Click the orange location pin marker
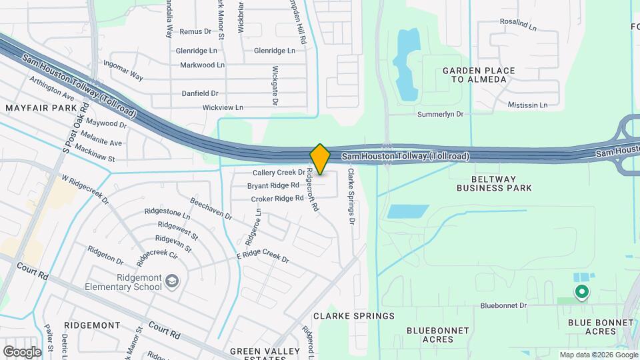(320, 159)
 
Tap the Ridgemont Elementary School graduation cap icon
(173, 281)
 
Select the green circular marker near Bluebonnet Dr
(582, 291)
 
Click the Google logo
(22, 351)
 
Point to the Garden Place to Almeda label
(479, 75)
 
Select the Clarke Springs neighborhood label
(354, 315)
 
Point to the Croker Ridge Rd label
(277, 199)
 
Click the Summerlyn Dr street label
(440, 114)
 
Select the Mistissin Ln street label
(527, 105)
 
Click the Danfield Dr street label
(201, 93)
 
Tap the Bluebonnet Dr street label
(503, 305)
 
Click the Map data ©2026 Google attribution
(597, 355)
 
